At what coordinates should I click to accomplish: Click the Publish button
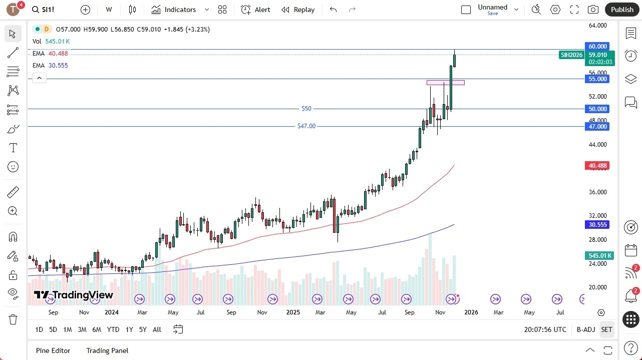[x=622, y=10]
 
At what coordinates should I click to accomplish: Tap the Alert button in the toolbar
[x=255, y=10]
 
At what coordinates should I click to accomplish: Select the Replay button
[x=298, y=10]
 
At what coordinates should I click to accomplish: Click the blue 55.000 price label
[x=597, y=79]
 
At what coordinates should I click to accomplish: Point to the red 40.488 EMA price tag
[x=597, y=166]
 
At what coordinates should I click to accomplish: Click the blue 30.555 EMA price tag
[x=597, y=225]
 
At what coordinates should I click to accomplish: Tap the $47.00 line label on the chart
[x=306, y=126]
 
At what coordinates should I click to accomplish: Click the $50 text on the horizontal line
[x=306, y=109]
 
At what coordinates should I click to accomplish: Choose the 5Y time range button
[x=143, y=329]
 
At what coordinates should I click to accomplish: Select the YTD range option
[x=113, y=329]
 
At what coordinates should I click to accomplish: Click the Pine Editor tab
[x=53, y=350]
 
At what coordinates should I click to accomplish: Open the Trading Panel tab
[x=107, y=350]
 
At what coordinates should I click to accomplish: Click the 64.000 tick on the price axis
[x=597, y=26]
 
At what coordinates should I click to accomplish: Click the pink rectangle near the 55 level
[x=445, y=83]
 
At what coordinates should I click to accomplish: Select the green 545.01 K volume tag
[x=599, y=256]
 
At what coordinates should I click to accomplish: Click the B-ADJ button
[x=585, y=329]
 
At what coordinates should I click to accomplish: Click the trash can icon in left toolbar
[x=13, y=319]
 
